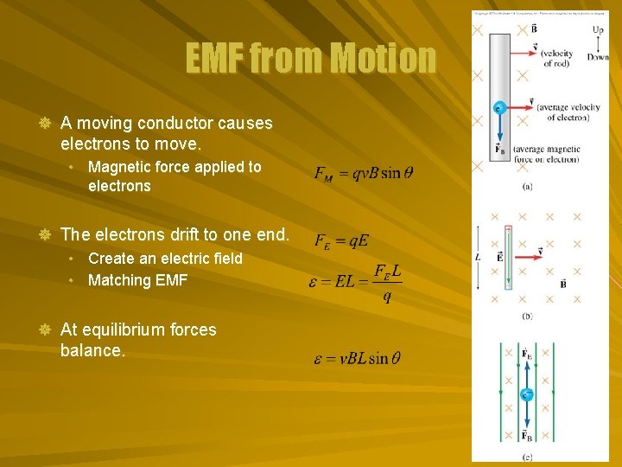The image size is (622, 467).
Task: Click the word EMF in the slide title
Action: [x=215, y=60]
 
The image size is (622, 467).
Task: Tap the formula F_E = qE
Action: [x=340, y=240]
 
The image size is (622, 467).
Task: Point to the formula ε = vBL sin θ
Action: [x=357, y=358]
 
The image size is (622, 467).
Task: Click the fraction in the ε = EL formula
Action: [x=385, y=283]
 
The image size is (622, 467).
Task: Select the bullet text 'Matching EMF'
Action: [x=137, y=280]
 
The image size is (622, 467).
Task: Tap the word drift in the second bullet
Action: [x=202, y=234]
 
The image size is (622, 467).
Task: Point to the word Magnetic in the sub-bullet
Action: [x=120, y=166]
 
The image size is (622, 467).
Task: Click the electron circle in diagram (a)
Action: [x=498, y=108]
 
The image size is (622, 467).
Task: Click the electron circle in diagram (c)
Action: [x=526, y=395]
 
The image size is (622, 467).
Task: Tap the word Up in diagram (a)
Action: [x=598, y=30]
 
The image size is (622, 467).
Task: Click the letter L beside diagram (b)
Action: [x=478, y=257]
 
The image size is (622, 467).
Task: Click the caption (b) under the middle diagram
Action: [x=527, y=317]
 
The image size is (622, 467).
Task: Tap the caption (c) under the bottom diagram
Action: [x=527, y=456]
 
